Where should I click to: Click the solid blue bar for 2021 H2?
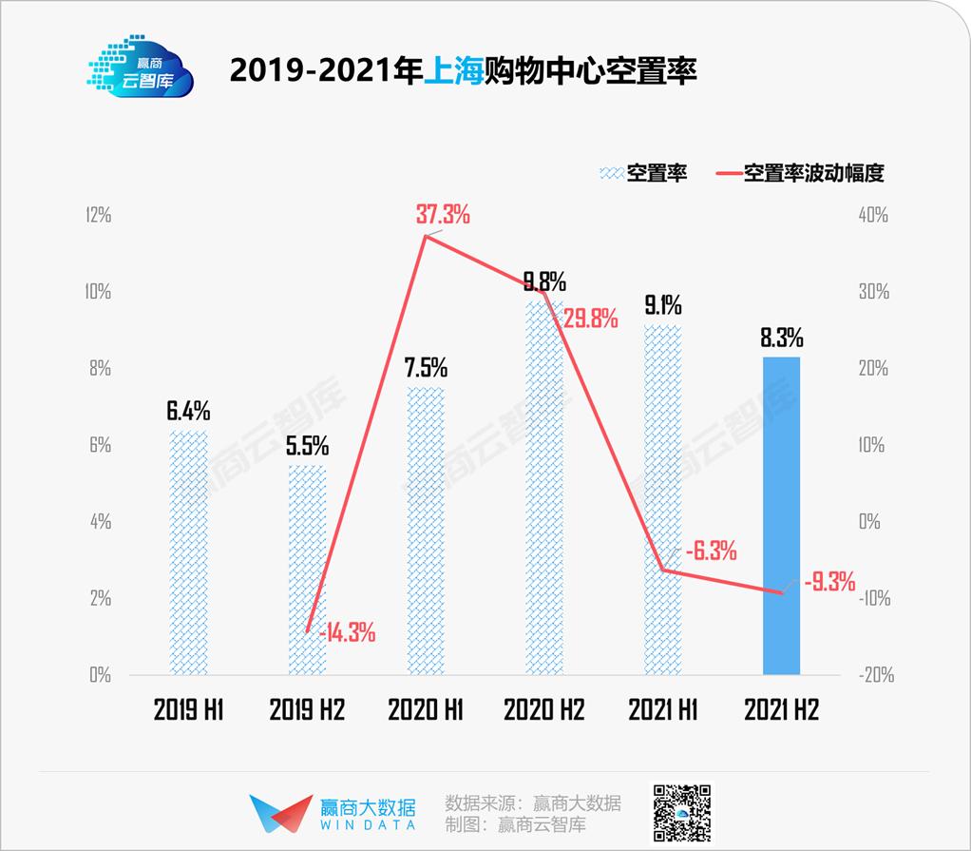781,515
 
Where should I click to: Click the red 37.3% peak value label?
443,214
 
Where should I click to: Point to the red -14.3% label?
347,631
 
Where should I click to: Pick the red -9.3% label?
829,581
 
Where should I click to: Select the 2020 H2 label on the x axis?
543,709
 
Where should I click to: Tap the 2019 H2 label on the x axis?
307,709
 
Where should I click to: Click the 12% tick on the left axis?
98,215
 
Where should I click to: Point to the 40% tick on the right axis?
872,215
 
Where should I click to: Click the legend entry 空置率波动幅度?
814,173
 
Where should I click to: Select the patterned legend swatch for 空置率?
612,173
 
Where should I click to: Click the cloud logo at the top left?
141,68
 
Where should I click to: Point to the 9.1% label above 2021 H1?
662,305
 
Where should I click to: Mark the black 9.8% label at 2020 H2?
544,281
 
